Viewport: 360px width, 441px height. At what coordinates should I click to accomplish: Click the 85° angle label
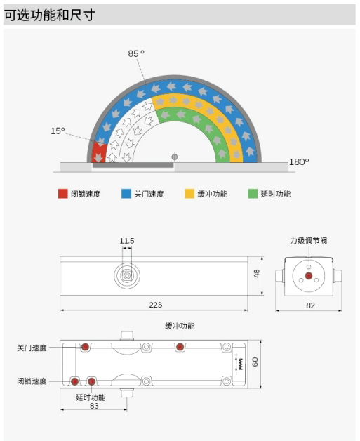[x=136, y=53]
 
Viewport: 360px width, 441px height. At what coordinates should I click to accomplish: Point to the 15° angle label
[x=58, y=131]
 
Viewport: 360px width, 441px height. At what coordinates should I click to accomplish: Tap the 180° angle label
[x=299, y=162]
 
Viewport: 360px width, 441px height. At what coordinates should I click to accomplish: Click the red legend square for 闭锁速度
[x=63, y=194]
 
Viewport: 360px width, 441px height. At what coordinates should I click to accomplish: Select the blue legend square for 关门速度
[x=126, y=194]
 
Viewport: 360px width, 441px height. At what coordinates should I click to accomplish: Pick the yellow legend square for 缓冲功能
[x=189, y=194]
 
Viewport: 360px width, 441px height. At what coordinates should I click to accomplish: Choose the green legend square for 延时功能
[x=253, y=194]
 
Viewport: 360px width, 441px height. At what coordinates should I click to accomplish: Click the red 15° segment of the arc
[x=99, y=152]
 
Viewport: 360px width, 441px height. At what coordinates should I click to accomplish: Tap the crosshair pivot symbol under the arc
[x=175, y=157]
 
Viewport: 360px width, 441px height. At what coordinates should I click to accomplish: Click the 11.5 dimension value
[x=127, y=241]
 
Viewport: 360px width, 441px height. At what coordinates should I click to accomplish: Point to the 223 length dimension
[x=155, y=305]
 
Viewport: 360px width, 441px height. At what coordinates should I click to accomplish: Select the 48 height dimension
[x=257, y=274]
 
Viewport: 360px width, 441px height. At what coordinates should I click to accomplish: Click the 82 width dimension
[x=311, y=305]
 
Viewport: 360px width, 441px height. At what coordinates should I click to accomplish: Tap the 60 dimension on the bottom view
[x=255, y=362]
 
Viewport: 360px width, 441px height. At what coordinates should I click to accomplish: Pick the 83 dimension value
[x=94, y=406]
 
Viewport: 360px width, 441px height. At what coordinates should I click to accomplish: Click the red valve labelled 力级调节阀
[x=309, y=276]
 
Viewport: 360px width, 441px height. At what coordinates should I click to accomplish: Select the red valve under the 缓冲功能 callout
[x=180, y=347]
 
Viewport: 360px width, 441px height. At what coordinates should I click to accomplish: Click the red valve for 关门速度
[x=85, y=347]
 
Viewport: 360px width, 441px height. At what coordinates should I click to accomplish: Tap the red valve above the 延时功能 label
[x=91, y=381]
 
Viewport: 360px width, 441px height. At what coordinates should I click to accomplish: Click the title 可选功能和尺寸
[x=49, y=15]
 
